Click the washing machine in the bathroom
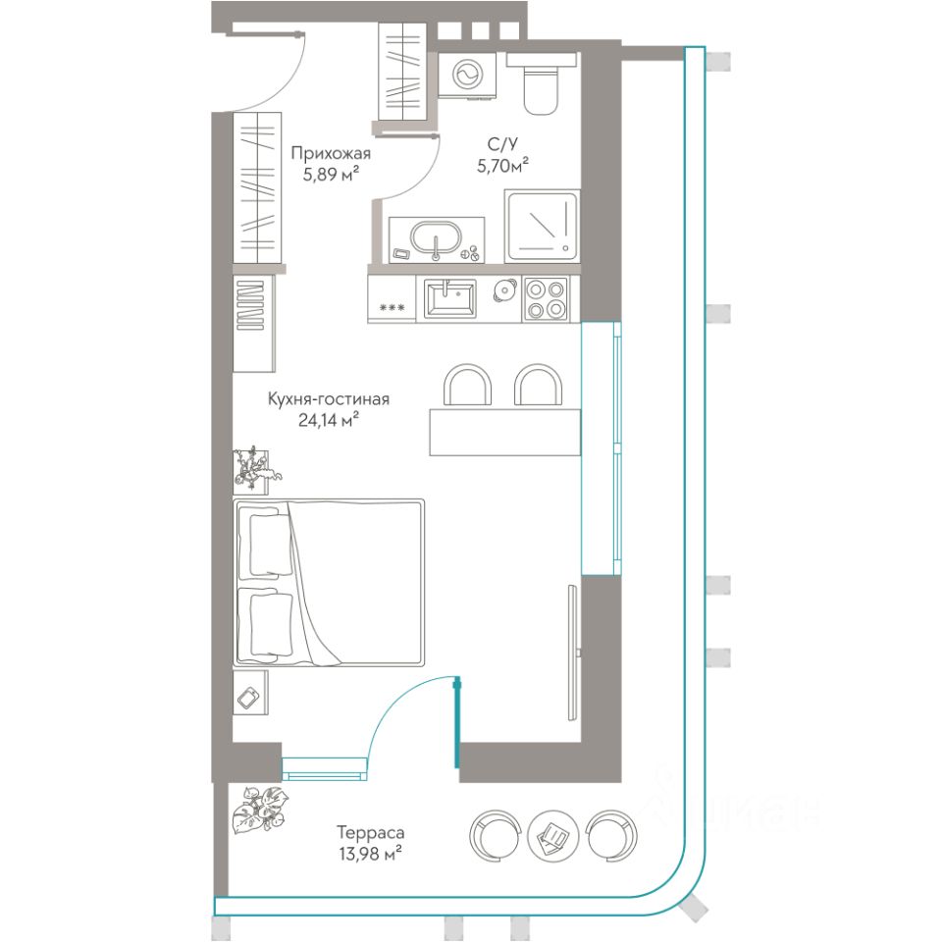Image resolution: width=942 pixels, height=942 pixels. [467, 75]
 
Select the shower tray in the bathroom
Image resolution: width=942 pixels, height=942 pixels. [542, 227]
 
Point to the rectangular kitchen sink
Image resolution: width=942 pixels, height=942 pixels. [450, 299]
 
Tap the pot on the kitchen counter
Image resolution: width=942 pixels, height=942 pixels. [504, 290]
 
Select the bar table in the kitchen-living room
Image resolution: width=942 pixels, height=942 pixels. [504, 432]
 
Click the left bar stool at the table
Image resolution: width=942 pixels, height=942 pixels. [467, 385]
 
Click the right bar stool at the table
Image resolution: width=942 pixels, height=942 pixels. [538, 385]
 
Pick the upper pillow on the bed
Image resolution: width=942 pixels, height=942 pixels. [264, 545]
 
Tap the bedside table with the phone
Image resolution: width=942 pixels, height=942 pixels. [250, 692]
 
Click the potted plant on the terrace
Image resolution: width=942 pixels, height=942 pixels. [260, 810]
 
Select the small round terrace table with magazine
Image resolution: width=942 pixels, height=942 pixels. [551, 835]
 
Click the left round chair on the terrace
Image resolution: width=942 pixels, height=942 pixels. [494, 835]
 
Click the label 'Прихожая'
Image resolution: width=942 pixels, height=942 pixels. [331, 154]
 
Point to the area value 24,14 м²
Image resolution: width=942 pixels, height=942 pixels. [329, 420]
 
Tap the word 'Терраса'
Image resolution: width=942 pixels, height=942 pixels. [370, 833]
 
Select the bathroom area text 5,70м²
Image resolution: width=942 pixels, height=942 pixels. [502, 166]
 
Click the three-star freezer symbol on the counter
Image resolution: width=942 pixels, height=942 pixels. [392, 307]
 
